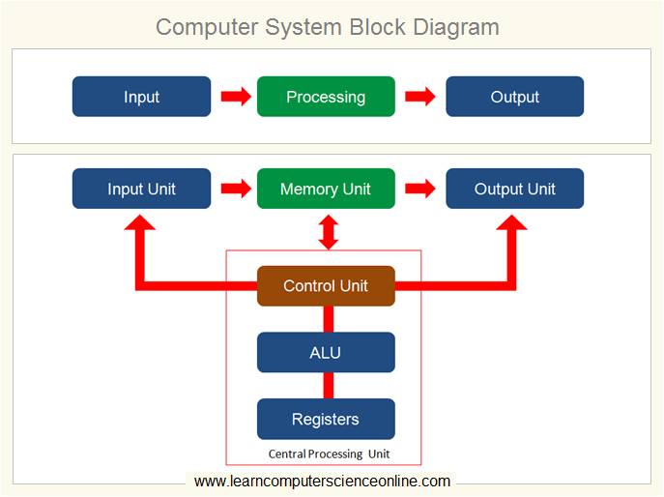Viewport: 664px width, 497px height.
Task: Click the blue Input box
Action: [x=141, y=97]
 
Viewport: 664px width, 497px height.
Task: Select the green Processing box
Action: [x=326, y=97]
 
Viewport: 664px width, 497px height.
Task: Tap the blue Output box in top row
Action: [x=514, y=97]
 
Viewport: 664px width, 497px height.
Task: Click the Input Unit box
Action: [x=141, y=189]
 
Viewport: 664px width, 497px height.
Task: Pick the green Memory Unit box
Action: [x=326, y=189]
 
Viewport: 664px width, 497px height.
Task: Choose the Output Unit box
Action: [x=514, y=189]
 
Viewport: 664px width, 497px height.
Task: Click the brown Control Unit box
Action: [x=326, y=286]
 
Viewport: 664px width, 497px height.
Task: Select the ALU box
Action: [x=326, y=353]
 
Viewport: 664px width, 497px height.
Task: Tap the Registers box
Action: [x=326, y=420]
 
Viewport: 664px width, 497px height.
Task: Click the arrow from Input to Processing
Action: [x=235, y=97]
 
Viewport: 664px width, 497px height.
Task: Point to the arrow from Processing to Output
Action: [x=419, y=97]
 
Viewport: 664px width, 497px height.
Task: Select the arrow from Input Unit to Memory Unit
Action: [x=235, y=189]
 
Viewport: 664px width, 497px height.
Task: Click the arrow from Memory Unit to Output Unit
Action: [x=419, y=189]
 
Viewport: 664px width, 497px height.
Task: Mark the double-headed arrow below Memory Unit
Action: [x=328, y=232]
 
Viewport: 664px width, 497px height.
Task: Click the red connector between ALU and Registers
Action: [x=328, y=386]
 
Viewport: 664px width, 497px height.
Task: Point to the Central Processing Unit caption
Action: [x=329, y=453]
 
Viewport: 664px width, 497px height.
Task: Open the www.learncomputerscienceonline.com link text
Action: [x=322, y=481]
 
